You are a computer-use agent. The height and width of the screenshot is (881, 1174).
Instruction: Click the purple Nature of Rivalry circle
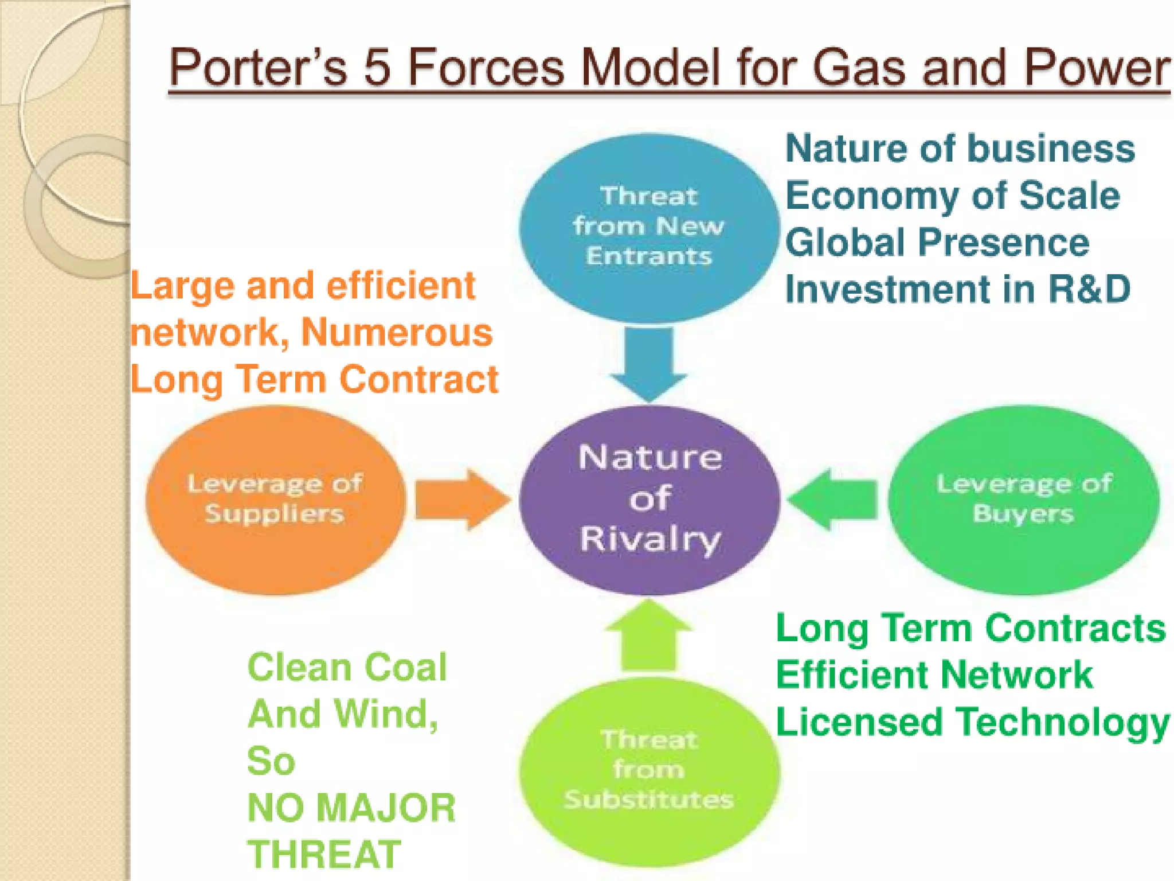pyautogui.click(x=649, y=500)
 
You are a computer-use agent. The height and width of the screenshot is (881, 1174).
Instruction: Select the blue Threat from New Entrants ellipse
pyautogui.click(x=649, y=227)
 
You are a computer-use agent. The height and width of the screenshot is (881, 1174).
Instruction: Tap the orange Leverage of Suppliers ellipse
pyautogui.click(x=275, y=500)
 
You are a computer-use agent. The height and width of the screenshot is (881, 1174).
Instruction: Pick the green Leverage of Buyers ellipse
pyautogui.click(x=1024, y=500)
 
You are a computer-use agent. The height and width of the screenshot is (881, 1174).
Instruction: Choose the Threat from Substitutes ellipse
pyautogui.click(x=649, y=771)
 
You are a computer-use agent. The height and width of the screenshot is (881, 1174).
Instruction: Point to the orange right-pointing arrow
pyautogui.click(x=462, y=500)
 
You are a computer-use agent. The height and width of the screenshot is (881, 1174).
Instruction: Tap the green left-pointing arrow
pyautogui.click(x=832, y=500)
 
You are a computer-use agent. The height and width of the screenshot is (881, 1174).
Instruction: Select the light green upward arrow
pyautogui.click(x=648, y=636)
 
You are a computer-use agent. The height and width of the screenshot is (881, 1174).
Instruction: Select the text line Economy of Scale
pyautogui.click(x=952, y=196)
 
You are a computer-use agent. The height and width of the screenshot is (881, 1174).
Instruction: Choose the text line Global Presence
pyautogui.click(x=937, y=242)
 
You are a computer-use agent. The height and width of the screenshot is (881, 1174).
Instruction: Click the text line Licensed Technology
pyautogui.click(x=972, y=723)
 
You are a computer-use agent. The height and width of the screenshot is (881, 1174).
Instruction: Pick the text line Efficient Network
pyautogui.click(x=934, y=675)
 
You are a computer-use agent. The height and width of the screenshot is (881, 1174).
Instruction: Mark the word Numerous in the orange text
pyautogui.click(x=397, y=332)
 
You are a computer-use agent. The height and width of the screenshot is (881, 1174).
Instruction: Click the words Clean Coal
pyautogui.click(x=347, y=667)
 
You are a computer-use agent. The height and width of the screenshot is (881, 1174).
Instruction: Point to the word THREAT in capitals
pyautogui.click(x=324, y=855)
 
